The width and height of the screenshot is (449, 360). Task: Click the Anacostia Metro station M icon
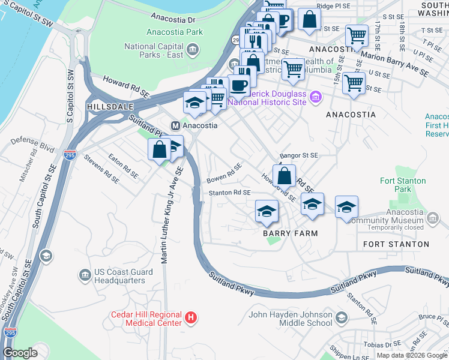pyautogui.click(x=176, y=126)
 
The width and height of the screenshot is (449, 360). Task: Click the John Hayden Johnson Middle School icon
pyautogui.click(x=342, y=317)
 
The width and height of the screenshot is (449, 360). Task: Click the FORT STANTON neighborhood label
pyautogui.click(x=396, y=244)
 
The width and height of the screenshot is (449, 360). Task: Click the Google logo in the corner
pyautogui.click(x=20, y=353)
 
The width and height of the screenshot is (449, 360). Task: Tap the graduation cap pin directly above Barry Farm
pyautogui.click(x=267, y=212)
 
